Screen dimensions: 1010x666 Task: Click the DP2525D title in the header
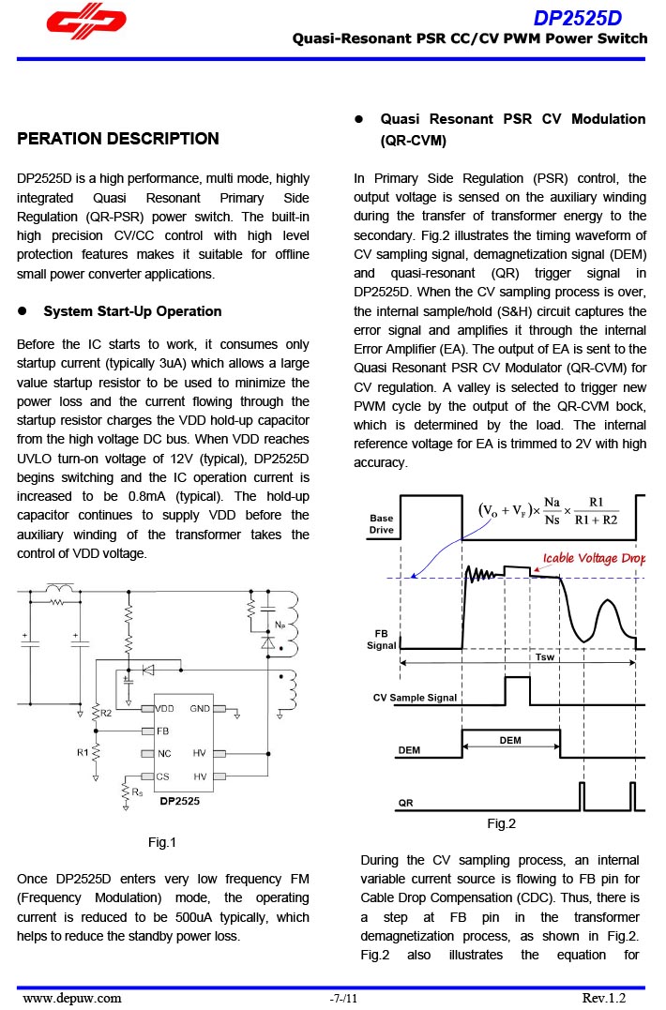click(x=578, y=18)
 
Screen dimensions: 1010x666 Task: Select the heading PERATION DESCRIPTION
click(x=118, y=139)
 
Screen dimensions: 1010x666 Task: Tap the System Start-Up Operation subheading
click(x=132, y=311)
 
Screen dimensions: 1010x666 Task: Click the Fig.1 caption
click(x=162, y=842)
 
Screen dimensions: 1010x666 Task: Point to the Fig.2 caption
click(x=502, y=823)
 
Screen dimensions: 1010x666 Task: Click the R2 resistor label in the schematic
click(x=106, y=714)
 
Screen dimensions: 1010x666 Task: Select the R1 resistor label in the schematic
click(x=83, y=752)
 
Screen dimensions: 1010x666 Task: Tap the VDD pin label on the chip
click(x=165, y=709)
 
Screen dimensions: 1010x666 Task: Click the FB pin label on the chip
click(x=162, y=731)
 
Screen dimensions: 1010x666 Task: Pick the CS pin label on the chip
click(x=162, y=776)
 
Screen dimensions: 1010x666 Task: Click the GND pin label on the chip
click(x=201, y=709)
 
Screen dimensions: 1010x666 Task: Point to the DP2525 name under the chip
click(x=178, y=802)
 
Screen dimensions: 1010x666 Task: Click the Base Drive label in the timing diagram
click(x=382, y=523)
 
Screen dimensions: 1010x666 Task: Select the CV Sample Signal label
click(x=416, y=698)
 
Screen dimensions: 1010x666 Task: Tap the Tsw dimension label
click(x=545, y=656)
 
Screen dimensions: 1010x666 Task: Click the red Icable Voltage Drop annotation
click(x=595, y=558)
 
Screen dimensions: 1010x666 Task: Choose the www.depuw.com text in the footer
click(x=71, y=998)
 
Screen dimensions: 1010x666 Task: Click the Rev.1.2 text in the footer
click(x=603, y=998)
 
